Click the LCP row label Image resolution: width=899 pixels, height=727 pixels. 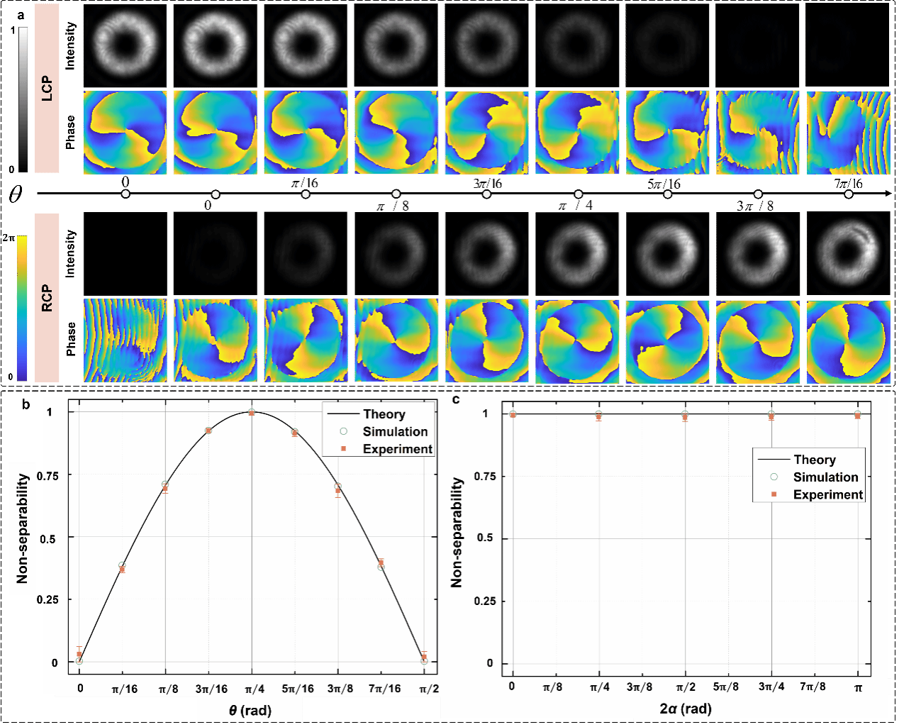(47, 88)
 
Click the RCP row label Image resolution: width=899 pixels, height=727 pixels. (47, 298)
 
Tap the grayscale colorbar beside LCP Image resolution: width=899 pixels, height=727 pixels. (23, 99)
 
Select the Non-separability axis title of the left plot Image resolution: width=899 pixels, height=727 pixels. (22, 528)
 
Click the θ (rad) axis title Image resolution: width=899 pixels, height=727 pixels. (250, 711)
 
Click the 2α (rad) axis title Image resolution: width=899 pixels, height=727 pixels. (685, 709)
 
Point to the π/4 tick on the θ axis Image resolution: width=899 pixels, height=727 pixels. (254, 689)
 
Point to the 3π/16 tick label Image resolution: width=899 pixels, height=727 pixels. (211, 689)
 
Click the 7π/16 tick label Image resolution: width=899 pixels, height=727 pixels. (384, 689)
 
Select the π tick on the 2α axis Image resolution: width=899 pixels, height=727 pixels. (858, 687)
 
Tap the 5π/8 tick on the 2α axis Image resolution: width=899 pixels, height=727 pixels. (727, 687)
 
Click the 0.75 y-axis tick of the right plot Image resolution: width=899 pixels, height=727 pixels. (484, 476)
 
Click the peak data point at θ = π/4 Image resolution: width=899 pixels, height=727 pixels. (252, 413)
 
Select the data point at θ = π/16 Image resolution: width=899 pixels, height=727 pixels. (122, 567)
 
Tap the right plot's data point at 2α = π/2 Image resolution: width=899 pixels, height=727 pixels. (685, 416)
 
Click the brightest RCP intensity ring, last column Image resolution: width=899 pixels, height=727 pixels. (848, 252)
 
